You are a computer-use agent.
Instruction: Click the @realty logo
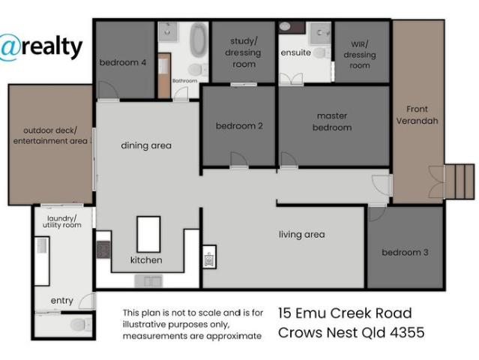click(x=40, y=46)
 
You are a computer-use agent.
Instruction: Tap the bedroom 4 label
click(x=123, y=63)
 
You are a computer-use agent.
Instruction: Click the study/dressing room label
click(x=243, y=52)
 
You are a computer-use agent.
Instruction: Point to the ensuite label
click(x=292, y=53)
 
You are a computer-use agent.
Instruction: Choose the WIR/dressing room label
click(x=360, y=55)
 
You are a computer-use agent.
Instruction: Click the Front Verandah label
click(x=417, y=115)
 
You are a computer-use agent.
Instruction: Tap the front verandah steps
click(x=460, y=181)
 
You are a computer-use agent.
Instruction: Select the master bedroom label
click(x=333, y=121)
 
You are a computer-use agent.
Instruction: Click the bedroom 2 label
click(x=239, y=126)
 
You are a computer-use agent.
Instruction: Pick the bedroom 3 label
click(x=405, y=253)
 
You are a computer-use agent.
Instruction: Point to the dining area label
click(x=146, y=145)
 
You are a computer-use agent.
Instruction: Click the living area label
click(x=301, y=235)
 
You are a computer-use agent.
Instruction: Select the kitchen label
click(x=146, y=260)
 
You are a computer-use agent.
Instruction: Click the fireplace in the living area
click(x=209, y=257)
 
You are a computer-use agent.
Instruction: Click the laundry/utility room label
click(x=62, y=220)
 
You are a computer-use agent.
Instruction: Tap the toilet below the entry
click(x=78, y=325)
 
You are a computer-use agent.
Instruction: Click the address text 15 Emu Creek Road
click(x=344, y=313)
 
